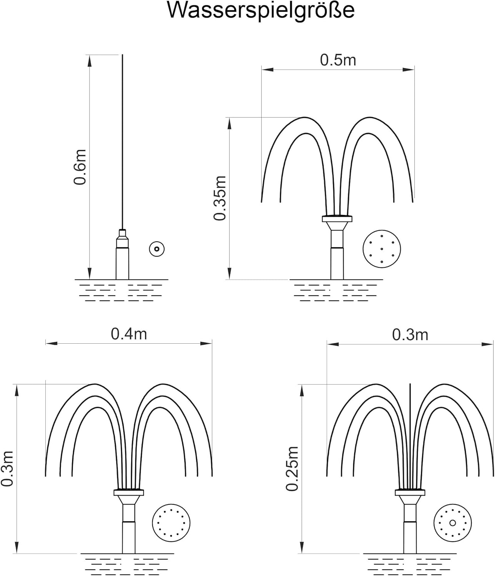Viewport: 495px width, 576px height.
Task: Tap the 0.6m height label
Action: tap(80, 167)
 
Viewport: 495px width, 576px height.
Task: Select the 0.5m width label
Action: tap(338, 60)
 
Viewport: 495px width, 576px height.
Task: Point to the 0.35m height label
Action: tap(220, 198)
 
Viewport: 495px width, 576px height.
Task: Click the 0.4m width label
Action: tap(129, 334)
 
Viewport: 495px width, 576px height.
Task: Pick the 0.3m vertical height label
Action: tap(7, 469)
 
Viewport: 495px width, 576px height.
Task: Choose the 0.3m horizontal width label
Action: tap(410, 335)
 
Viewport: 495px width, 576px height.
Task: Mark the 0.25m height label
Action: tap(292, 468)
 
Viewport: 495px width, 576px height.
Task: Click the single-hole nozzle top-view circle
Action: tap(157, 249)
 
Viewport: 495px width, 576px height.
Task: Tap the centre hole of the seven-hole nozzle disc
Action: tap(382, 249)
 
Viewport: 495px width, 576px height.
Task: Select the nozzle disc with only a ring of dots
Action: tap(171, 523)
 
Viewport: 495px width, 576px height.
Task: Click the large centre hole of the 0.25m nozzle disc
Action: tap(453, 523)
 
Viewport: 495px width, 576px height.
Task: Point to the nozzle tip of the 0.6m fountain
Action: tap(123, 232)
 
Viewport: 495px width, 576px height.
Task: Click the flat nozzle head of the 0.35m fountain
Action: tap(337, 219)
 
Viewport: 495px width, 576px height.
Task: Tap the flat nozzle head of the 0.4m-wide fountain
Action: tap(129, 492)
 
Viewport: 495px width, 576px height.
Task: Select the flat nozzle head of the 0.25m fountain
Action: tap(410, 492)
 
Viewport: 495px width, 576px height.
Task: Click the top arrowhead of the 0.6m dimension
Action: tap(90, 60)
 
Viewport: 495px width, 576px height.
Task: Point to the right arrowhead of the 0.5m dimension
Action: tap(409, 70)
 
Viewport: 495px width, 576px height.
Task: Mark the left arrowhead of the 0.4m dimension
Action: tap(51, 343)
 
